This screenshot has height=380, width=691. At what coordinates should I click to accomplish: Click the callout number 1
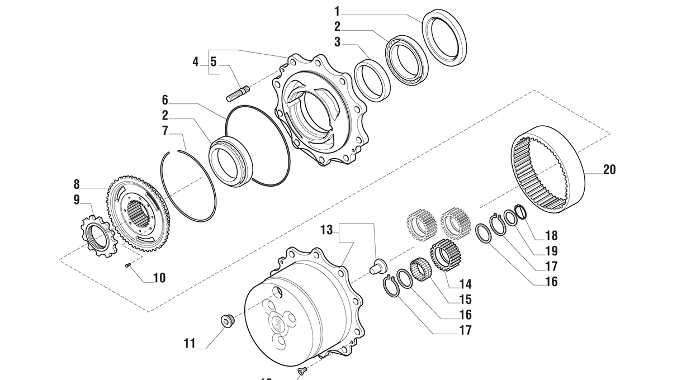(x=337, y=11)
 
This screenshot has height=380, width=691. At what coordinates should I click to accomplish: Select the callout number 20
(x=609, y=169)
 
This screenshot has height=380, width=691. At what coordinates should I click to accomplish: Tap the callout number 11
(x=190, y=343)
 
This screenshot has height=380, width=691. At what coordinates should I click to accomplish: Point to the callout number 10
(x=159, y=278)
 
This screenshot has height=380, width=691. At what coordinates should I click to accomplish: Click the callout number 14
(x=465, y=284)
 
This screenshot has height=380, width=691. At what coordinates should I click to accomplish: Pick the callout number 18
(x=551, y=235)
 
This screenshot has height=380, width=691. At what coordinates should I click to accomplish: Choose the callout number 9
(x=77, y=199)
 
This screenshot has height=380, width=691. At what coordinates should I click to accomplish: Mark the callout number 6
(x=165, y=100)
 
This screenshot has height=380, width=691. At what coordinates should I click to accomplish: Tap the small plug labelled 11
(x=227, y=321)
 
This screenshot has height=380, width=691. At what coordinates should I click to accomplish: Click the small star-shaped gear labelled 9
(x=97, y=237)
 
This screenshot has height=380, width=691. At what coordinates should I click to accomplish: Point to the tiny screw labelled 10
(x=127, y=265)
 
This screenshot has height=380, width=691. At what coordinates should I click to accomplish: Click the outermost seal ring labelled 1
(x=444, y=37)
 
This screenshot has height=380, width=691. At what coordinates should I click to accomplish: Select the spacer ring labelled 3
(x=372, y=80)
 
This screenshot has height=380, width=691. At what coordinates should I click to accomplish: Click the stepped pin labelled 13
(x=377, y=265)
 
